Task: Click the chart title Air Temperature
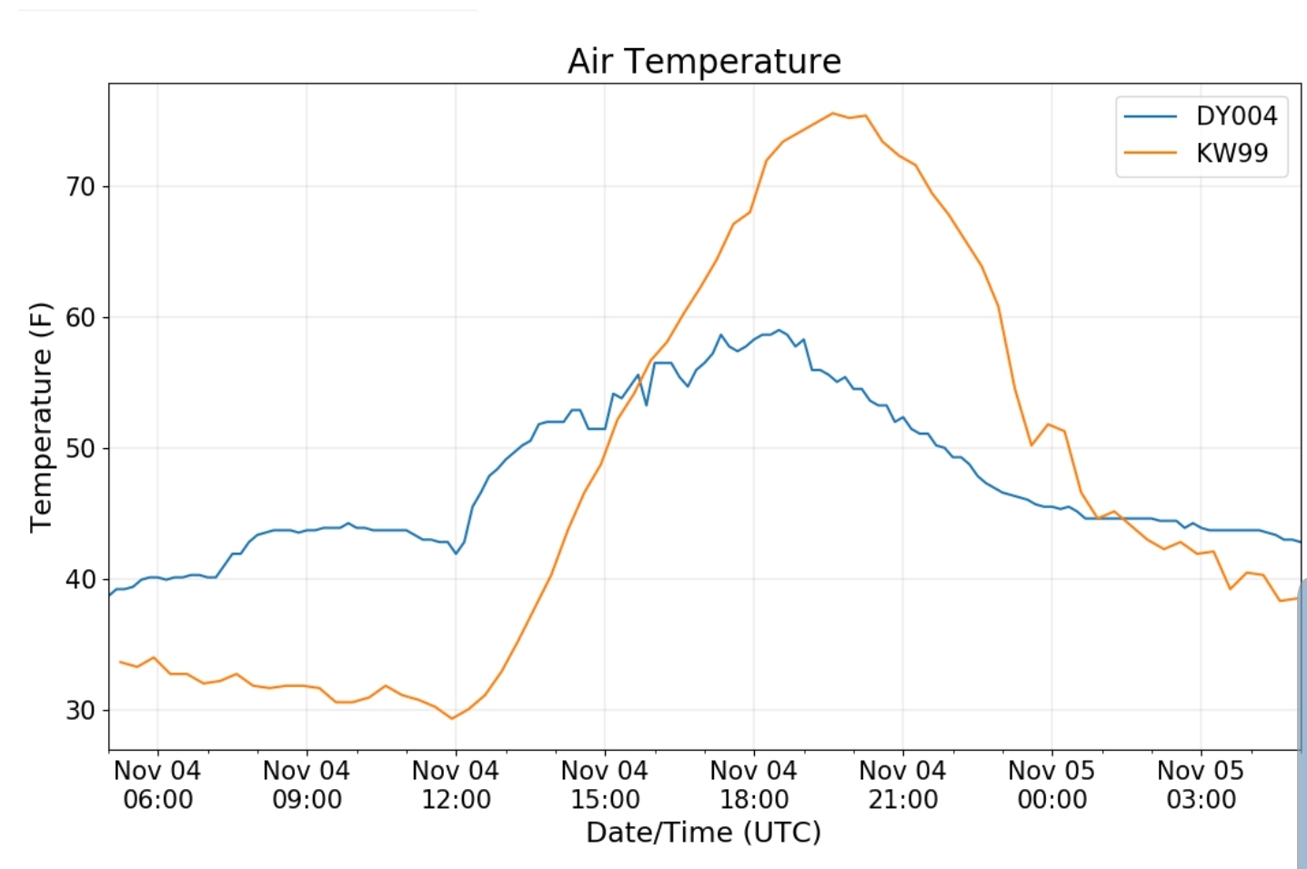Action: (x=704, y=61)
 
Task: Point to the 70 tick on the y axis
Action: (x=80, y=187)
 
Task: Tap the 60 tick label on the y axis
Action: (x=80, y=318)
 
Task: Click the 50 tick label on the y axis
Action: (x=80, y=449)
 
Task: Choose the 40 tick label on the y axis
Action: (x=80, y=580)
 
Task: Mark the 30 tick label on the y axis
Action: (x=80, y=711)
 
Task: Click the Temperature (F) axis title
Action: (x=41, y=416)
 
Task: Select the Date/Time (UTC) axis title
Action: (x=703, y=833)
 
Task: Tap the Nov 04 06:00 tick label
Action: (x=157, y=785)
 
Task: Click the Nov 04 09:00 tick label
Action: (x=307, y=785)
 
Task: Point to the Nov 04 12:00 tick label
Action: (x=456, y=785)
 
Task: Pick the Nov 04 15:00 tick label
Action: (x=605, y=785)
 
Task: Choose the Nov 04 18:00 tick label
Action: (x=754, y=785)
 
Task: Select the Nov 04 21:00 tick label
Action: (x=903, y=785)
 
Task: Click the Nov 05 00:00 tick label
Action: (x=1052, y=785)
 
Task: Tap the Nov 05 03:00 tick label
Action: (x=1201, y=785)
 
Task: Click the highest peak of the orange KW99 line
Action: (x=832, y=114)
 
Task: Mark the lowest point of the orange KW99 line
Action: (x=452, y=718)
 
